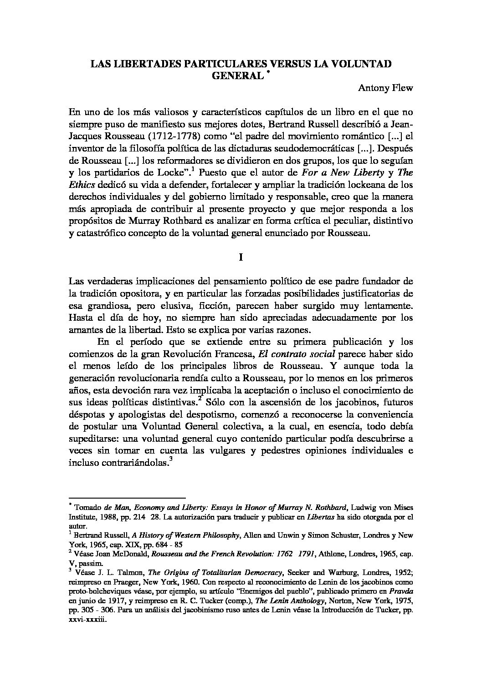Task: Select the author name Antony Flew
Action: click(x=385, y=88)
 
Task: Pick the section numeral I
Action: click(x=241, y=257)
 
